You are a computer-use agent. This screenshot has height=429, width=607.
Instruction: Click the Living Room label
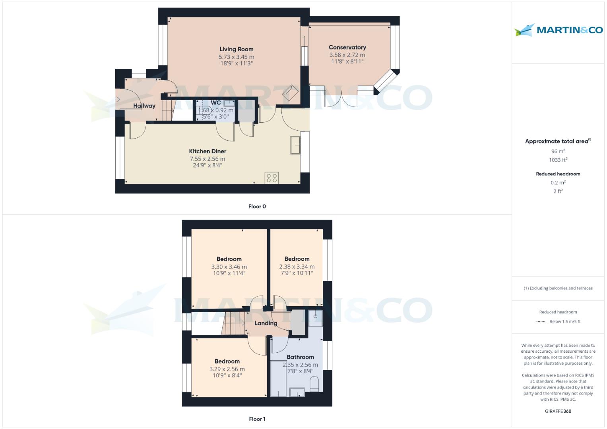pos(236,49)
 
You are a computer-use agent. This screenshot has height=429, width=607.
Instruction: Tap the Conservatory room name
pos(347,47)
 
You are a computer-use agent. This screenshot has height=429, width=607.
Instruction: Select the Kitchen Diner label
pos(208,151)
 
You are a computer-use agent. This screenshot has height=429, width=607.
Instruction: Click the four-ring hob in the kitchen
pos(272,178)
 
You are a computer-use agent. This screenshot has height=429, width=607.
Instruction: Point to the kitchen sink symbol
pos(295,145)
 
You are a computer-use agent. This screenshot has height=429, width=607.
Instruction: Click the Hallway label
pos(144,106)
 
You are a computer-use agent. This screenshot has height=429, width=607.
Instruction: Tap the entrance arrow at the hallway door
pos(117,99)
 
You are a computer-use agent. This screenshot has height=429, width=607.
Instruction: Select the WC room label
pos(216,103)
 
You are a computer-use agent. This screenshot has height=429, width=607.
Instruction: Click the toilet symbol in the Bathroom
pos(314,385)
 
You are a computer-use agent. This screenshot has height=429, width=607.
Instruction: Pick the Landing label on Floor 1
pos(266,323)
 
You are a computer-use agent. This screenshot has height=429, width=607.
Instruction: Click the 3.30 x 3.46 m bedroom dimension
pos(229,267)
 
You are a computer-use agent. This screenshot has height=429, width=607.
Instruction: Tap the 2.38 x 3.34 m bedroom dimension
pos(297,267)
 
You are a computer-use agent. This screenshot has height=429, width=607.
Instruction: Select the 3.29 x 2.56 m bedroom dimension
pos(227,369)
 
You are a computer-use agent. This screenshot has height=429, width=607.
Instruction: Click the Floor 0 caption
pos(257,207)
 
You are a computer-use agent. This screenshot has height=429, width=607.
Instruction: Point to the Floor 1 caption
pos(257,419)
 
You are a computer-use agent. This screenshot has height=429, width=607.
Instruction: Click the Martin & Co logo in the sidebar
pos(558,30)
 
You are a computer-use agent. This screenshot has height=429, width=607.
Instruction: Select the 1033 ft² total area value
pos(558,160)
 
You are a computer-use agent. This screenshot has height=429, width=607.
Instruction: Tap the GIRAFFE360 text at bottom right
pos(558,412)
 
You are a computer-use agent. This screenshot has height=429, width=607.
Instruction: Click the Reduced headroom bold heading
pos(558,174)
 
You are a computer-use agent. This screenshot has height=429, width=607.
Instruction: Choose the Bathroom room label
pos(300,357)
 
